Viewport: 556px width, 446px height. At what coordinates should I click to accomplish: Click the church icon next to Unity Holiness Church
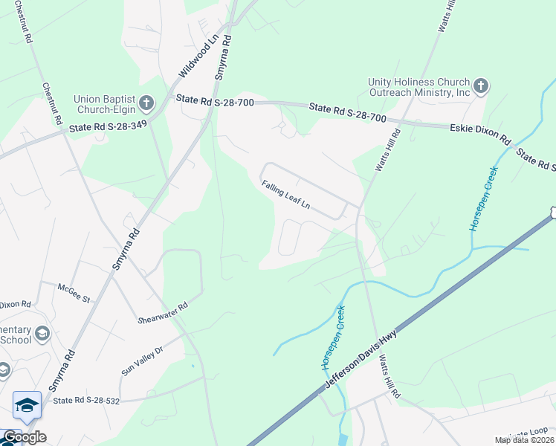480,86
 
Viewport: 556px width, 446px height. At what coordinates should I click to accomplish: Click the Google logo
24,437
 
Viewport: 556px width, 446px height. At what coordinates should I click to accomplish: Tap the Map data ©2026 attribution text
524,440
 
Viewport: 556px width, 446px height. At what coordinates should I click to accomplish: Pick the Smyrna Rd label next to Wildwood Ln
222,60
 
